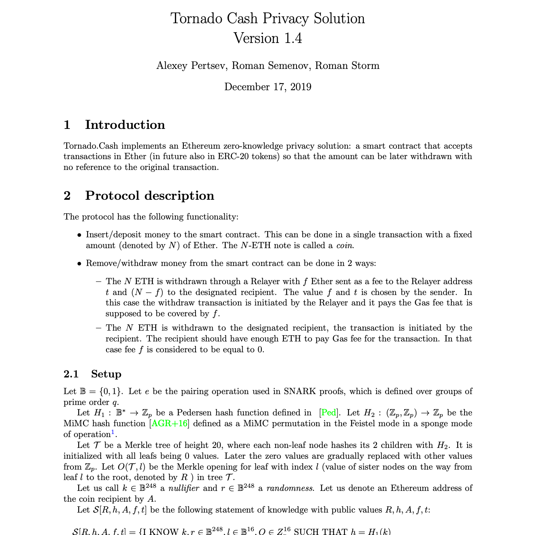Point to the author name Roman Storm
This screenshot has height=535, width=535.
347,66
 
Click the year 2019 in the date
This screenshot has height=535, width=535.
301,87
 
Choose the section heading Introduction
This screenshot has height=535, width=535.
125,125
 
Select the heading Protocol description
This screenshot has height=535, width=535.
149,195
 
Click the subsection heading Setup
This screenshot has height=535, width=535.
106,374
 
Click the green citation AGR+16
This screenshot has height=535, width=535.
170,424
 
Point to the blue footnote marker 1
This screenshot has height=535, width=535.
113,432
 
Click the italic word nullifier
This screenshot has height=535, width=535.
183,488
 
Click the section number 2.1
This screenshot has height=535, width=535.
71,374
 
